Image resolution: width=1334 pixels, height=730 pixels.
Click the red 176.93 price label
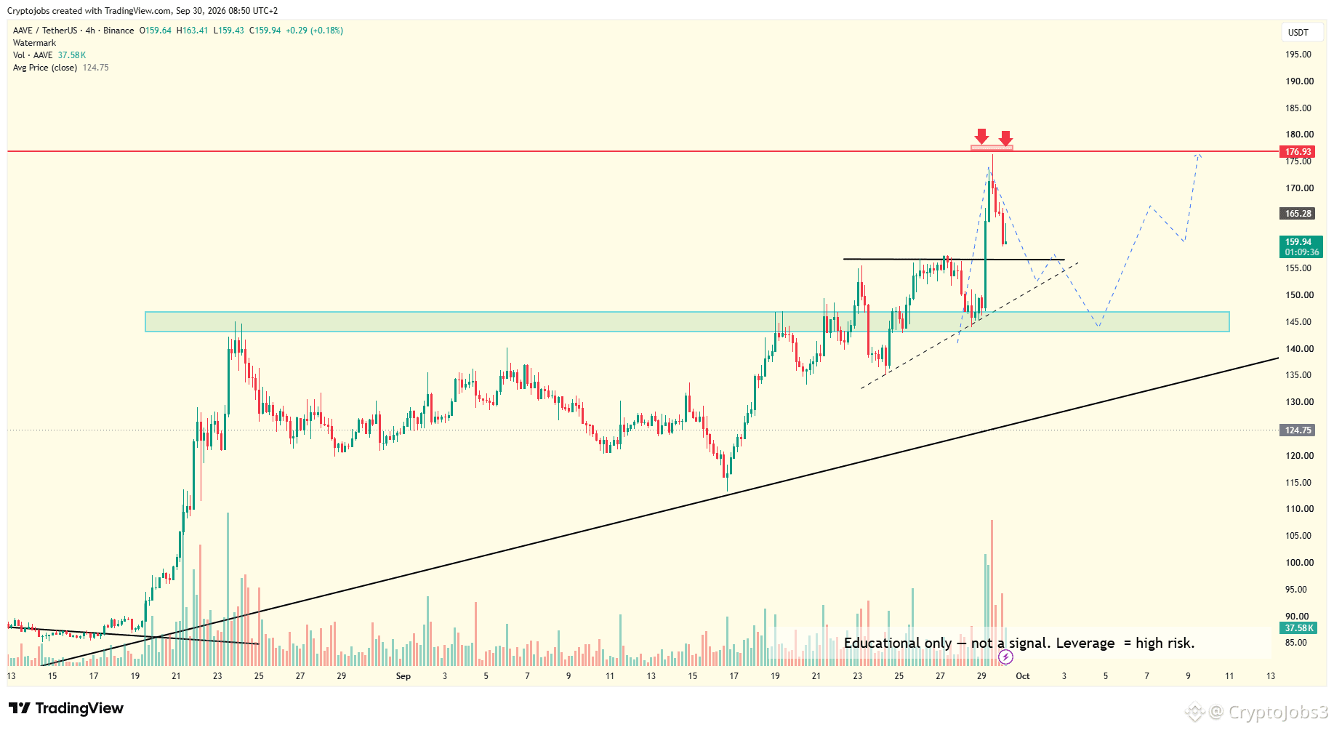tap(1298, 152)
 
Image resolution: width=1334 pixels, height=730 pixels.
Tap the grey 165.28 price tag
tap(1298, 214)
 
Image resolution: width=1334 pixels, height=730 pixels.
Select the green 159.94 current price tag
tap(1301, 247)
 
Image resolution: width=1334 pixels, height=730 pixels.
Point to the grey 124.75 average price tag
tap(1298, 430)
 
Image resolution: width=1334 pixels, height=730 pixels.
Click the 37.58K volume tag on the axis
tap(1298, 628)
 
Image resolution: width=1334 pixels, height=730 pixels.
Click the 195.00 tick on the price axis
tap(1298, 55)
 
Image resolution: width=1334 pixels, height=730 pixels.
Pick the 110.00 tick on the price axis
tap(1299, 509)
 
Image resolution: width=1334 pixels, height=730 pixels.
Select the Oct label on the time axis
tap(1023, 676)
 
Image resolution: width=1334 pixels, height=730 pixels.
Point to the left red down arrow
tap(981, 136)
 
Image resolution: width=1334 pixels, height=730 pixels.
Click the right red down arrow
tap(1005, 138)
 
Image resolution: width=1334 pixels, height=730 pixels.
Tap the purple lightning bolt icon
tap(1005, 657)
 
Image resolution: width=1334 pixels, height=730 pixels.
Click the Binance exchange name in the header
tap(118, 31)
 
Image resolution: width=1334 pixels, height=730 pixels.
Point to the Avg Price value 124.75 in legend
tap(96, 68)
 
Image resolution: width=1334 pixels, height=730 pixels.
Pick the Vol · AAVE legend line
tap(49, 55)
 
